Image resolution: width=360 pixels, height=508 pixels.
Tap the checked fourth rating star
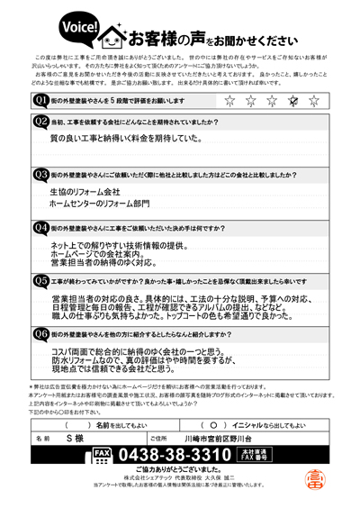point(292,101)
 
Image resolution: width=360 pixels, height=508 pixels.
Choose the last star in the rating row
point(313,101)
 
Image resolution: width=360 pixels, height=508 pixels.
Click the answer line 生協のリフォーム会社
point(85,193)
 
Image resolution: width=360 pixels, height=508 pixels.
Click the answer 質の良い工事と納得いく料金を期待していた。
point(125,139)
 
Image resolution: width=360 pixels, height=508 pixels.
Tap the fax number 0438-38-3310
point(172,454)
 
